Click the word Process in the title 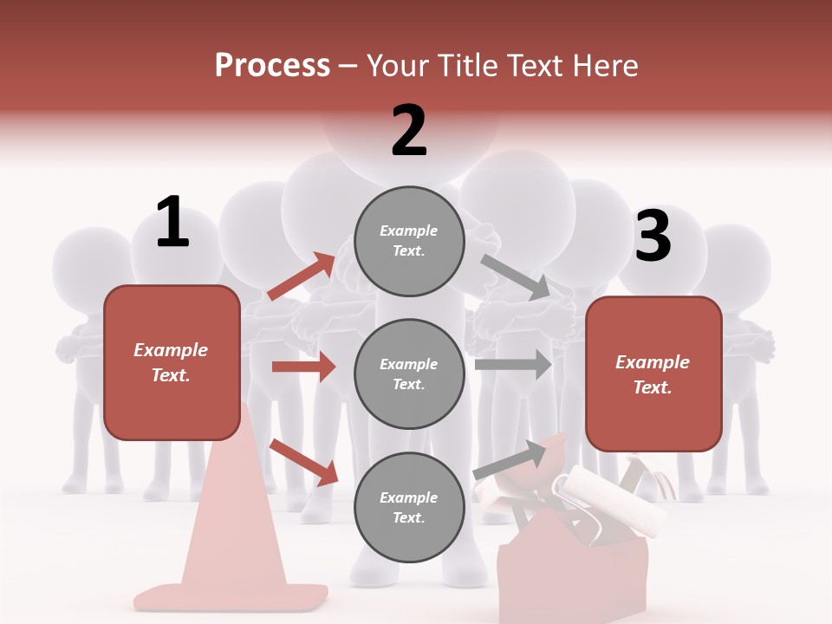272,66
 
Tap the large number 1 172,223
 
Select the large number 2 409,131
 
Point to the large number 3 653,236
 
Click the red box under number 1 172,362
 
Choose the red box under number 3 653,374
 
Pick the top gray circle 409,241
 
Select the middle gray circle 409,374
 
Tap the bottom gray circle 409,507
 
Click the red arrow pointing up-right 302,276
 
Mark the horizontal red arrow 303,367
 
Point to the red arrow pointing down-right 304,462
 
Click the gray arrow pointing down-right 516,276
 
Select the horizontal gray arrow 513,364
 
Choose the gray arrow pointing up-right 510,459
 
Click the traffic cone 229,529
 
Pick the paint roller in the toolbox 607,494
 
